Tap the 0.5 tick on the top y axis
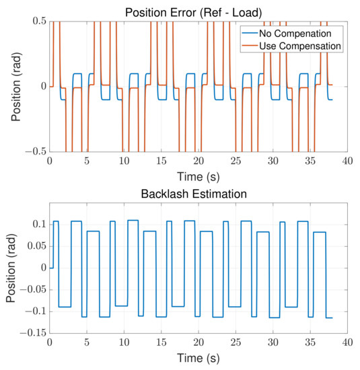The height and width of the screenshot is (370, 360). point(36,22)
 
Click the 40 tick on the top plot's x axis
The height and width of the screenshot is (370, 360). point(346,161)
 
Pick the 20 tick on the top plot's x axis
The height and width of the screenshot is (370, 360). point(198,161)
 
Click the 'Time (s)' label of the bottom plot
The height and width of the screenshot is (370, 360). point(198,358)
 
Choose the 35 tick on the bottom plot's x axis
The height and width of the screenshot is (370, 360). point(309,343)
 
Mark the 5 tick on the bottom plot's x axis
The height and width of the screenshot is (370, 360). point(87,343)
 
